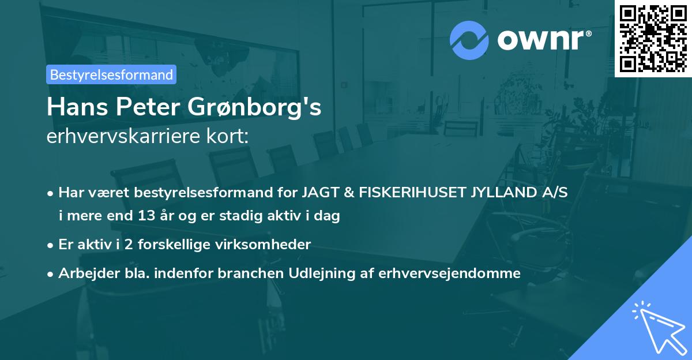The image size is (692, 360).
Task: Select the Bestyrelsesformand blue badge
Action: tap(111, 74)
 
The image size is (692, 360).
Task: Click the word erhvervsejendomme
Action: tap(449, 273)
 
